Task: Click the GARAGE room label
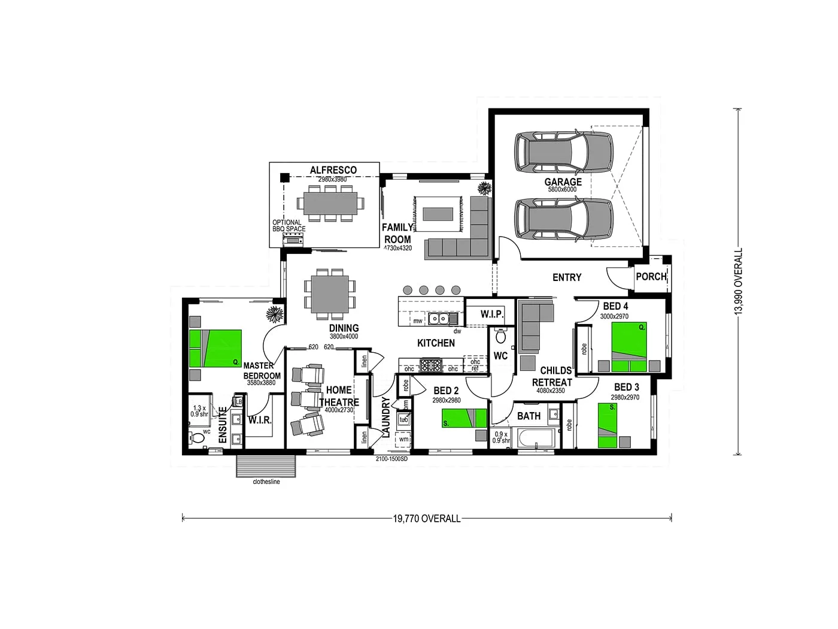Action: click(563, 182)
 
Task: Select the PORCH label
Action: click(651, 277)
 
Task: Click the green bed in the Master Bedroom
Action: click(215, 348)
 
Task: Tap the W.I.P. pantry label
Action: click(492, 314)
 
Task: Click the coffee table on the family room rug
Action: click(438, 213)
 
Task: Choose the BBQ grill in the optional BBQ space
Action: click(293, 240)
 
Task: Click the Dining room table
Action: click(329, 293)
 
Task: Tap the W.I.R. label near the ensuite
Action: click(260, 420)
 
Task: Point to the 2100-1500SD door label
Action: click(391, 459)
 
